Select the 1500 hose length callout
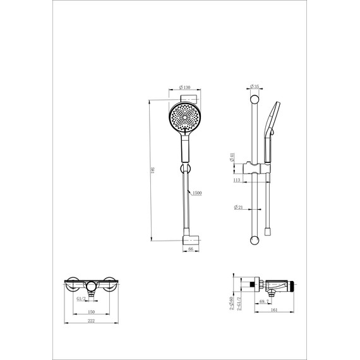(197, 193)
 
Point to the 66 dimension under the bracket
(191, 249)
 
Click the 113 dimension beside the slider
(237, 180)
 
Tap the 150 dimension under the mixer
(91, 311)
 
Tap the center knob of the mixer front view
(92, 285)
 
